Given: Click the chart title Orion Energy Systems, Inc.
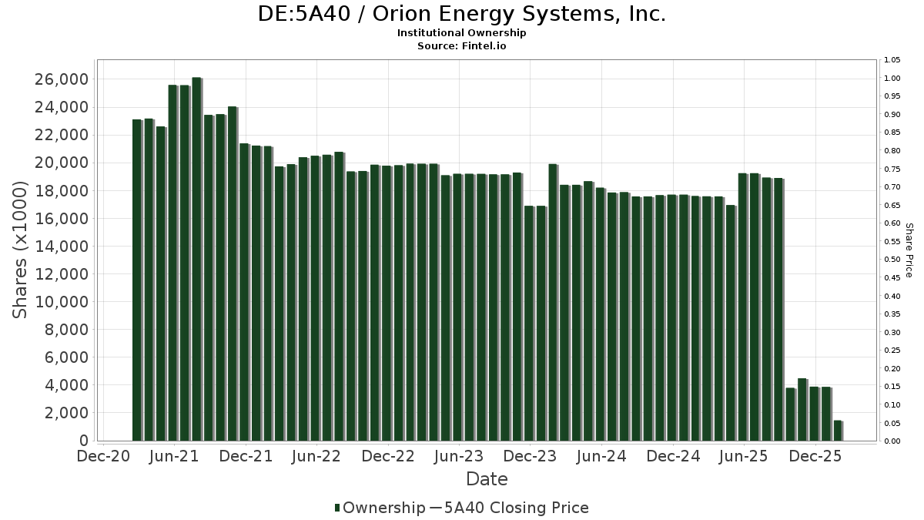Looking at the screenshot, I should pos(461,14).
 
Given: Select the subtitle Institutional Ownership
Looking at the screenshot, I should pos(461,33).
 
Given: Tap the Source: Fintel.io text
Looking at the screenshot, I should pos(461,45).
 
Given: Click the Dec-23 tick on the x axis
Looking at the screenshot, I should pos(531,456).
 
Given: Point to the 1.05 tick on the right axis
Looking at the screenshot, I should pos(892,60).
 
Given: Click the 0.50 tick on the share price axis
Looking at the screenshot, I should pos(892,260).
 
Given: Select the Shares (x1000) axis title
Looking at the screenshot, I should pos(21,250).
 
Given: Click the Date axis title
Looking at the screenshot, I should pos(487,479).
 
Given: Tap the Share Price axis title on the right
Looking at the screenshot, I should pos(909,250).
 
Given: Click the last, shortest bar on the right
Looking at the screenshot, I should pos(837,431).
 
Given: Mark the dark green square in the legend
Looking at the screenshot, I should pos(337,508).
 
